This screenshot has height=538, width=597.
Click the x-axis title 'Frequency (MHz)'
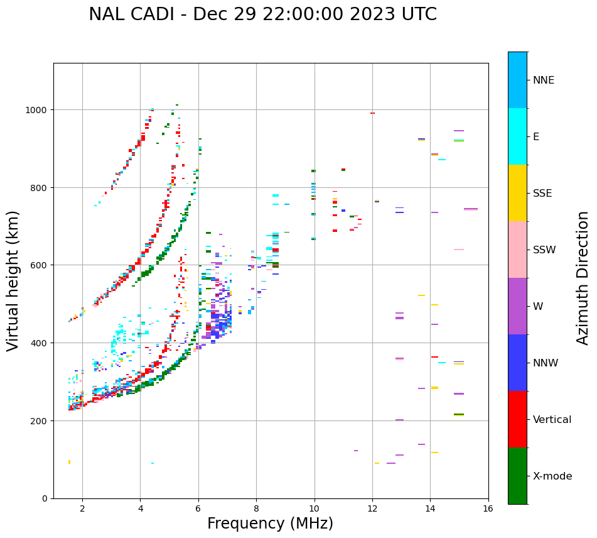pos(270,524)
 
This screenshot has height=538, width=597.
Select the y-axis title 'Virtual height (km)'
pos(13,280)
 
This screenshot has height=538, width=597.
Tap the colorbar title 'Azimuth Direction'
pos(583,278)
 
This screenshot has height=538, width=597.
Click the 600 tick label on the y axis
pos(41,265)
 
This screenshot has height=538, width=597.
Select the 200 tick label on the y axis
pos(41,420)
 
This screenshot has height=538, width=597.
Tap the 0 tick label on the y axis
pos(45,498)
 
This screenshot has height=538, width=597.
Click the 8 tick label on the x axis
pos(256,509)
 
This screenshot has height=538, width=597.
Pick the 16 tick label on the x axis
pos(488,509)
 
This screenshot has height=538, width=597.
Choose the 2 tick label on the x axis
pos(82,509)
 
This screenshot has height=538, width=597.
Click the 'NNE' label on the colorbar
pos(544,80)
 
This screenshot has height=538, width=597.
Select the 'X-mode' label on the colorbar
pos(552,476)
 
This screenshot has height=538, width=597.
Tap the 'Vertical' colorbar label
pos(552,419)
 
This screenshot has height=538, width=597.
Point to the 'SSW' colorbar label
pos(544,250)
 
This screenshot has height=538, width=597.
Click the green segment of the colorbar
pos(517,476)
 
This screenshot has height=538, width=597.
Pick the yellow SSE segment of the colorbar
pos(517,193)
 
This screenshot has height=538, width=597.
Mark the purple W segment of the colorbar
pos(517,306)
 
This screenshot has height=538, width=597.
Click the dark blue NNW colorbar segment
pos(517,363)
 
